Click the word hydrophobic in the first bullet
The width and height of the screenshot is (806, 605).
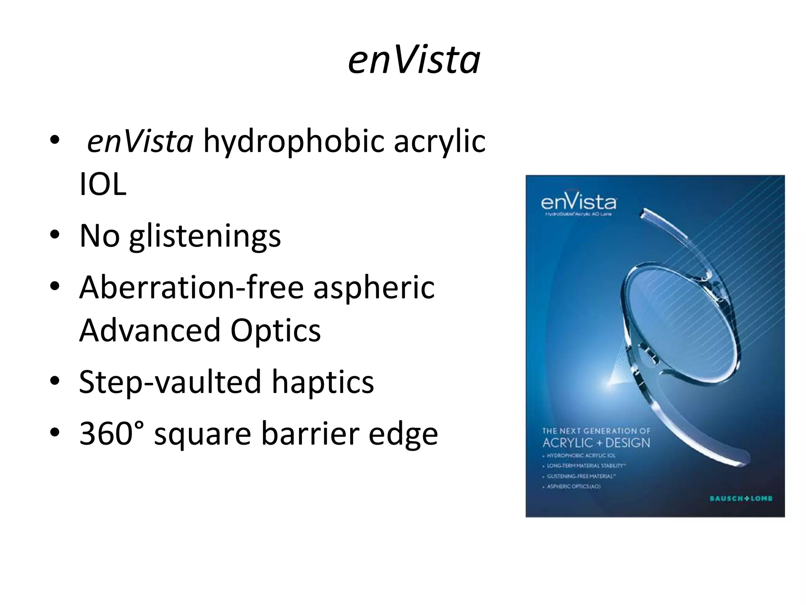tap(293, 142)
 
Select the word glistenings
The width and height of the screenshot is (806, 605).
tap(205, 236)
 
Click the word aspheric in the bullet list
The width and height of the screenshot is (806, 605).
tap(374, 288)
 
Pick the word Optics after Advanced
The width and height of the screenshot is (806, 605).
tap(275, 331)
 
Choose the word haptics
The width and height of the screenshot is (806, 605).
tap(323, 382)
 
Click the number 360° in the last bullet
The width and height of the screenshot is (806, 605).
tap(112, 433)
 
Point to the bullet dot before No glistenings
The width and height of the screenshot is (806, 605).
tap(55, 236)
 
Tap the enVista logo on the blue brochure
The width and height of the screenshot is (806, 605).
tap(579, 202)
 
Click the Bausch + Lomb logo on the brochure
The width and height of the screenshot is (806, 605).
tap(741, 499)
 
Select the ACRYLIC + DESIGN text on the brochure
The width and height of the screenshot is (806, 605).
tap(596, 443)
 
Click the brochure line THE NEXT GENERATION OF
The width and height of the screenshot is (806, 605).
tap(596, 431)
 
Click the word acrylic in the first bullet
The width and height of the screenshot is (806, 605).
tap(440, 142)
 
